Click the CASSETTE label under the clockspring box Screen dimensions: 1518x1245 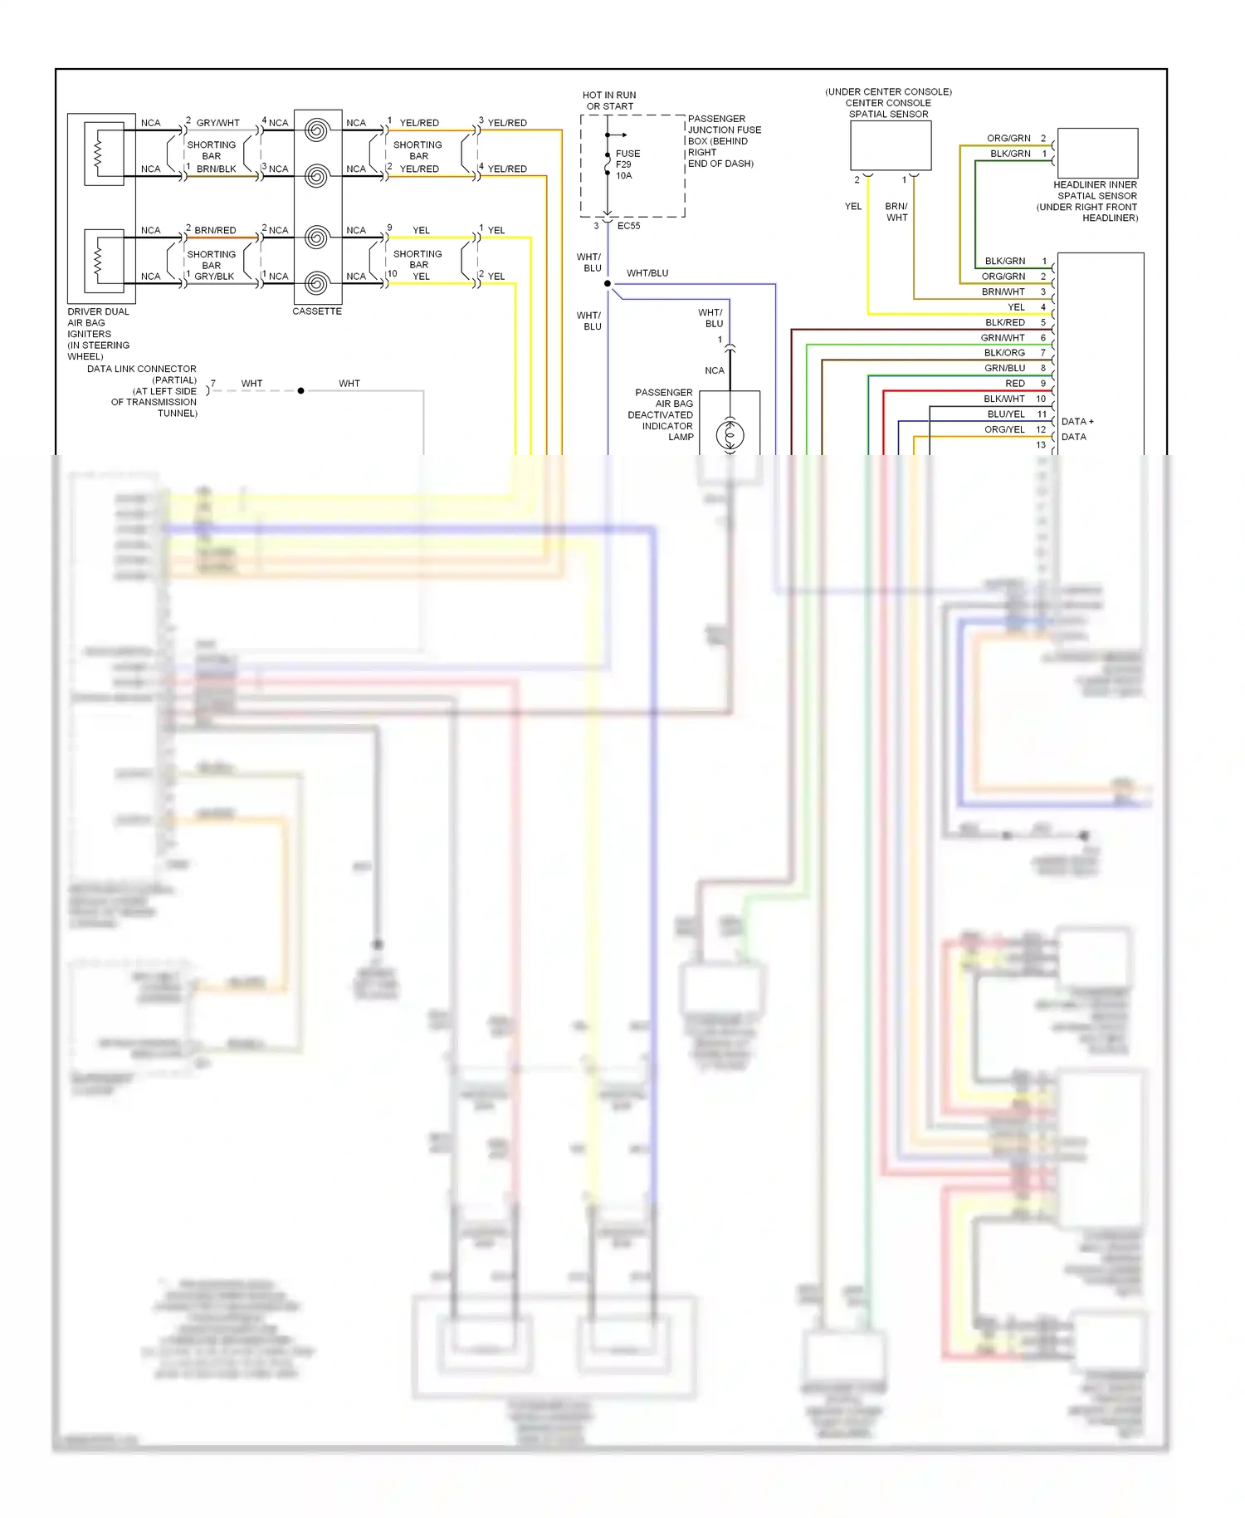point(316,311)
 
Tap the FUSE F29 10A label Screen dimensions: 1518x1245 point(627,164)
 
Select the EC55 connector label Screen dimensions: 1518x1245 point(628,226)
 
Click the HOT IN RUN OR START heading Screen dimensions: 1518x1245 point(609,100)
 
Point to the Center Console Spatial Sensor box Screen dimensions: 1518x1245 point(891,145)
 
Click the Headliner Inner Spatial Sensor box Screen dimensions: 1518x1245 point(1097,153)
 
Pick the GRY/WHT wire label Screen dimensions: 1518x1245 point(217,123)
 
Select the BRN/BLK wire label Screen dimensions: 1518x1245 point(216,169)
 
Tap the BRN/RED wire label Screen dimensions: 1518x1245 point(215,230)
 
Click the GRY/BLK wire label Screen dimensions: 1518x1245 point(214,277)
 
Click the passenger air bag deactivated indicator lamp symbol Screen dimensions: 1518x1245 point(730,434)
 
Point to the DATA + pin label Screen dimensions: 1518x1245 point(1077,422)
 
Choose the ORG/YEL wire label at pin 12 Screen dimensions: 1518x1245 point(1004,429)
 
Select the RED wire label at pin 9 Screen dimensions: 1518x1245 point(1014,384)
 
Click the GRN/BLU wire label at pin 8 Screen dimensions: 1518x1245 point(1004,368)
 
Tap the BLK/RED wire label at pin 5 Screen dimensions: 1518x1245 point(1004,322)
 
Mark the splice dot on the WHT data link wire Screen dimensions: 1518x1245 point(300,390)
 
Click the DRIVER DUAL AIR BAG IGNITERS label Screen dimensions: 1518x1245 point(98,334)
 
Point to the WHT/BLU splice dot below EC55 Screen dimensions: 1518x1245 point(608,284)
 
